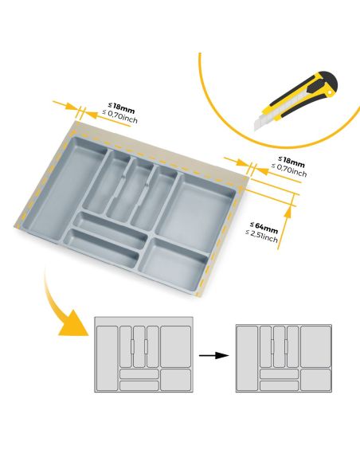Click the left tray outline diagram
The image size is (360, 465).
[x=144, y=355]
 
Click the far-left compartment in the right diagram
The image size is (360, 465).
[x=248, y=358]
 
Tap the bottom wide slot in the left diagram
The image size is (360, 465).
[x=139, y=385]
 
